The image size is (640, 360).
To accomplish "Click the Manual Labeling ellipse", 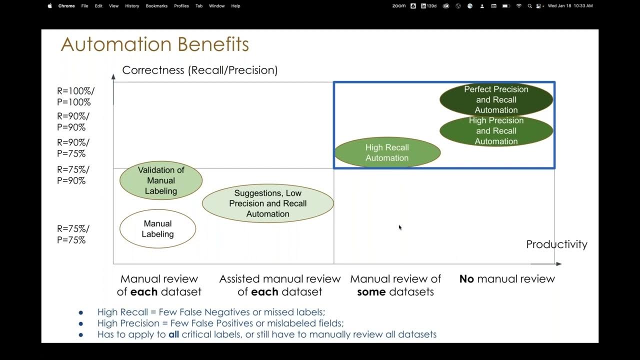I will point(157,229).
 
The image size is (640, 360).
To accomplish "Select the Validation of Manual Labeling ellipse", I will point(160,180).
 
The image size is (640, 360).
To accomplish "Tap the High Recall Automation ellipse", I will point(387,152).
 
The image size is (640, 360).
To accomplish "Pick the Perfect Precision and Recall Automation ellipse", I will point(496,99).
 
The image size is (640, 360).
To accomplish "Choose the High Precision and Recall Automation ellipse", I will point(496,131).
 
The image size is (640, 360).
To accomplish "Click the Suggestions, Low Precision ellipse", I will point(267,203).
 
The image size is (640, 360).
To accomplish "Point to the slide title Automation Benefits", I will point(154,44).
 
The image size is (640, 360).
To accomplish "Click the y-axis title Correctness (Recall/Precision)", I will point(199,70).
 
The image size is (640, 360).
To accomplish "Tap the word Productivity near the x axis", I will point(556,244).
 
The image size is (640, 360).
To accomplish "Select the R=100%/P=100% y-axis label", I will point(75,96).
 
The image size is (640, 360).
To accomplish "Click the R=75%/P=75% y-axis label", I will point(73,234).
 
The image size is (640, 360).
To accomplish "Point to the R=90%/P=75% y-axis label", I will point(73,148).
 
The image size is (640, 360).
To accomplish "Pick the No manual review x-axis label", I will point(507,279).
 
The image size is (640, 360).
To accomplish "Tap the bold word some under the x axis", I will point(371,292).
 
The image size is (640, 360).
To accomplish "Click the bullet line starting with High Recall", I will point(211,312).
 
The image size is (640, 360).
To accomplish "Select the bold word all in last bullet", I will point(173,334).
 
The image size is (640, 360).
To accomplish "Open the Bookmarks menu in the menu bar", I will point(156,6).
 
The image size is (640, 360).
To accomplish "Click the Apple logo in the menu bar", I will point(49,6).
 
